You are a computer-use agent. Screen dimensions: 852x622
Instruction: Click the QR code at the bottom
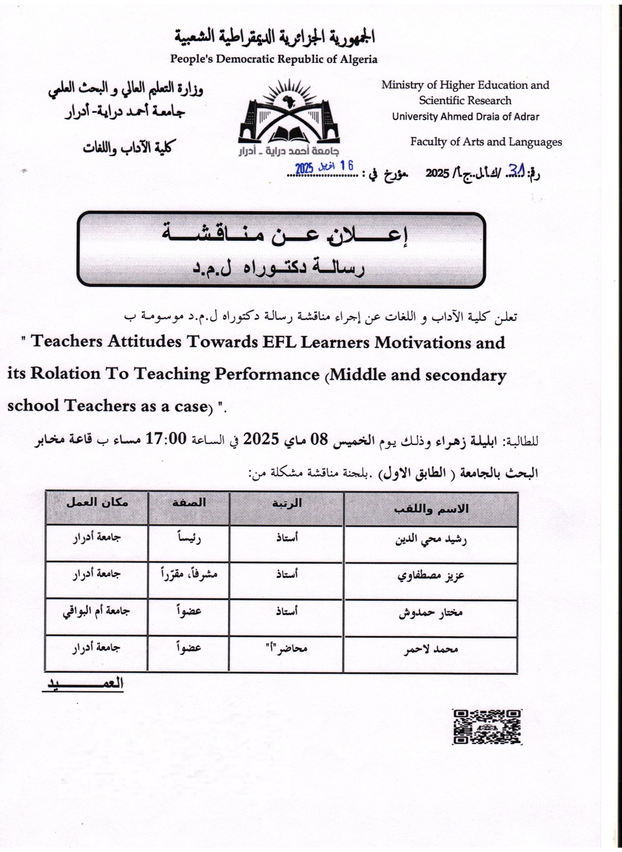[x=487, y=727]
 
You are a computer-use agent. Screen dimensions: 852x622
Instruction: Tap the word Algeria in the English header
[x=359, y=60]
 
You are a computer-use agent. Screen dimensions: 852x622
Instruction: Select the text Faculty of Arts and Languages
[x=486, y=142]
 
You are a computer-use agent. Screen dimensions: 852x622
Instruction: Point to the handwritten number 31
[x=516, y=170]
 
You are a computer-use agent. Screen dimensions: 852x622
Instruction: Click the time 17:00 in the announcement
[x=166, y=439]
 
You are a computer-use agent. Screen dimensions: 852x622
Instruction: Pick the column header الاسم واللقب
[x=431, y=509]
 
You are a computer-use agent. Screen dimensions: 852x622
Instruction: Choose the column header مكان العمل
[x=97, y=502]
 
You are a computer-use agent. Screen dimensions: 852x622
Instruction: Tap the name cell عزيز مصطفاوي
[x=431, y=576]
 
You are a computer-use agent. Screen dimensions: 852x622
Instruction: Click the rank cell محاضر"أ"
[x=286, y=648]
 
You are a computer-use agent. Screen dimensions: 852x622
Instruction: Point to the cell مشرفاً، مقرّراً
[x=189, y=575]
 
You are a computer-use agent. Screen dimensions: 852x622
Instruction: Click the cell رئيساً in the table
[x=189, y=538]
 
